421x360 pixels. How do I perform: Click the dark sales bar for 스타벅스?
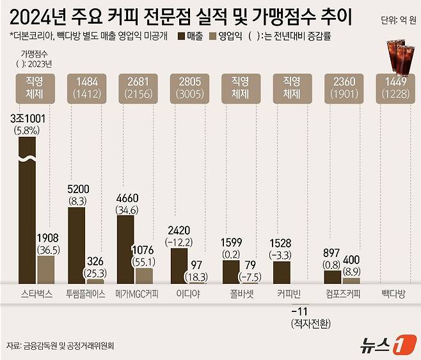pyautogui.click(x=28, y=211)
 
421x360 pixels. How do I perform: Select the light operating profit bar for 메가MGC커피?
pyautogui.click(x=144, y=276)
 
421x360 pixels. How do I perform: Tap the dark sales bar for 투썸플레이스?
pyautogui.click(x=76, y=245)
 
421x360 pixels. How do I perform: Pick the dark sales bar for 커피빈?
pyautogui.click(x=282, y=272)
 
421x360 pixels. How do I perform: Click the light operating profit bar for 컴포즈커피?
pyautogui.click(x=351, y=280)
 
